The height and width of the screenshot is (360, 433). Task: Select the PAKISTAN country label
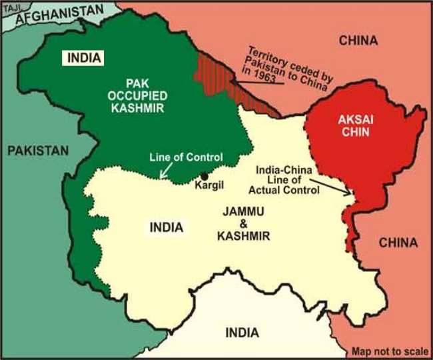38,151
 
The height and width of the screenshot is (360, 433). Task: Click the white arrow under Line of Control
162,173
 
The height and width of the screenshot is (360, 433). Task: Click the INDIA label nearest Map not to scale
242,333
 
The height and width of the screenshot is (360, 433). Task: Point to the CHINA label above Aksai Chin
358,41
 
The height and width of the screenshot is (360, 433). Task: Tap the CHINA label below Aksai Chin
398,243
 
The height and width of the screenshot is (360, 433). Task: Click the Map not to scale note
388,351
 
